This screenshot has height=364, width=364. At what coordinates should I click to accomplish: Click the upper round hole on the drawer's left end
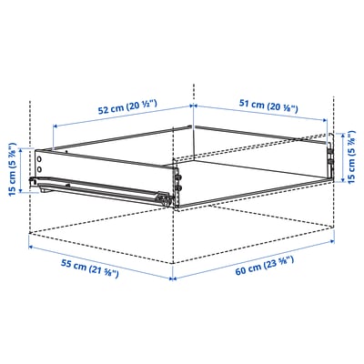coord(40,157)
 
